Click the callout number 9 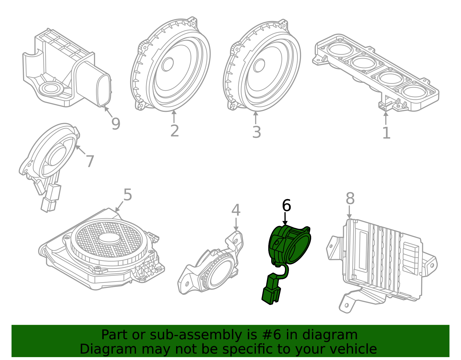[116, 124]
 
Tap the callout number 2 [175, 131]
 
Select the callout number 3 [256, 132]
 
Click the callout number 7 [90, 161]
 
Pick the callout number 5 [127, 195]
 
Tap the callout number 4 [236, 210]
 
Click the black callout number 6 [286, 206]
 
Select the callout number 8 [350, 199]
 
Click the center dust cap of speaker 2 [167, 64]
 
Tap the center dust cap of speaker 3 [259, 65]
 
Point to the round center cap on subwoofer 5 [109, 238]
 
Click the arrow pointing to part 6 [285, 219]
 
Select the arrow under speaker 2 [174, 116]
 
